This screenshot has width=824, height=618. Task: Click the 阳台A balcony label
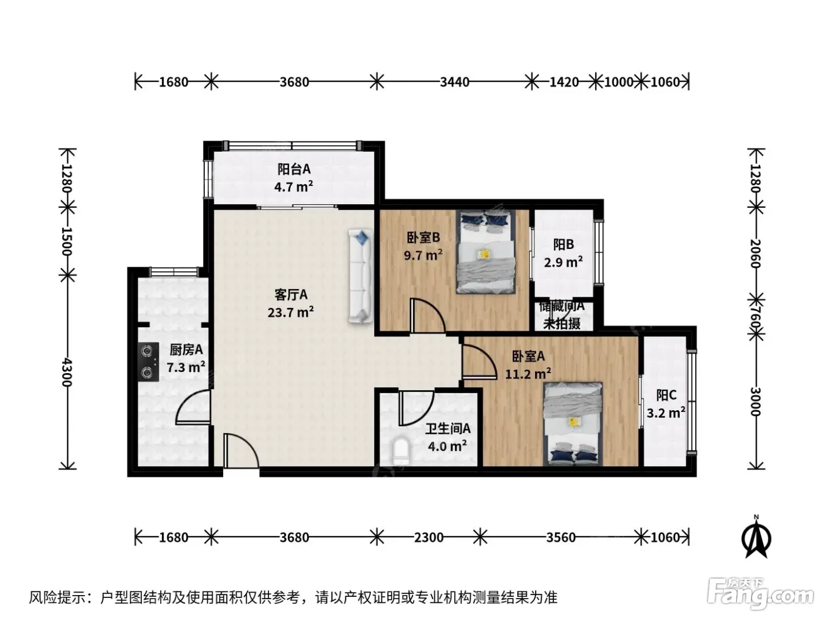[x=294, y=170]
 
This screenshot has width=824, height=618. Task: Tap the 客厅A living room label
[x=291, y=295]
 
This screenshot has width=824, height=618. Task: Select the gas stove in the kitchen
[x=148, y=363]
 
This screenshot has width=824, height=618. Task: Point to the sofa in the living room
[x=360, y=277]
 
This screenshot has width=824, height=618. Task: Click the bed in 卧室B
[x=485, y=252]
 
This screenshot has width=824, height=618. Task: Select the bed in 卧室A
[x=573, y=424]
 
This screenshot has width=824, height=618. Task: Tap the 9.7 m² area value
[x=423, y=255]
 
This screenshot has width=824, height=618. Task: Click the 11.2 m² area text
[x=528, y=374]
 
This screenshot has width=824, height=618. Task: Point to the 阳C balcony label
[x=666, y=395]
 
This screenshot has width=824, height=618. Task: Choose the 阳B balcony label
[x=563, y=245]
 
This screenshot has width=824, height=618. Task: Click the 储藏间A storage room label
[x=561, y=307]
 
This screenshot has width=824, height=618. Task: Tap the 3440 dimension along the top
[x=454, y=82]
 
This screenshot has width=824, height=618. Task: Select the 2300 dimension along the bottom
[x=428, y=538]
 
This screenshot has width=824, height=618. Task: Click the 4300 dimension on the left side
[x=67, y=372]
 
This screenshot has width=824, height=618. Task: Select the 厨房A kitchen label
[x=186, y=350]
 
